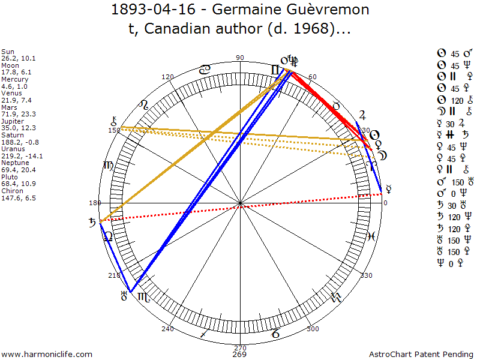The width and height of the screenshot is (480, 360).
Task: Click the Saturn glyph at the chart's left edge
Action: click(x=92, y=223)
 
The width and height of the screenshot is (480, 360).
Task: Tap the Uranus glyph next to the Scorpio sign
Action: click(x=125, y=295)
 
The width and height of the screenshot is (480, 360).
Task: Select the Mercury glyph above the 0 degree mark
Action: click(x=389, y=188)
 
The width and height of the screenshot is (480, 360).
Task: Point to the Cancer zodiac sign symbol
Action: click(x=204, y=70)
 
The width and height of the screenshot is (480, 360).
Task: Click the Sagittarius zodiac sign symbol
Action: click(x=205, y=333)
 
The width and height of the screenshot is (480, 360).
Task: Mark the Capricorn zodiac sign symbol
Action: click(x=275, y=333)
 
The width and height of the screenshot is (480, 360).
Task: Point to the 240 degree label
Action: click(x=167, y=329)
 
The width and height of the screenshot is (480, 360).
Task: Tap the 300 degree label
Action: click(x=313, y=329)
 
